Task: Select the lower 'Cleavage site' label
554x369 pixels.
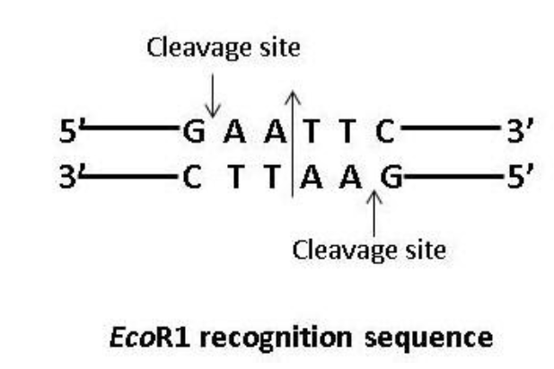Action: (368, 248)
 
